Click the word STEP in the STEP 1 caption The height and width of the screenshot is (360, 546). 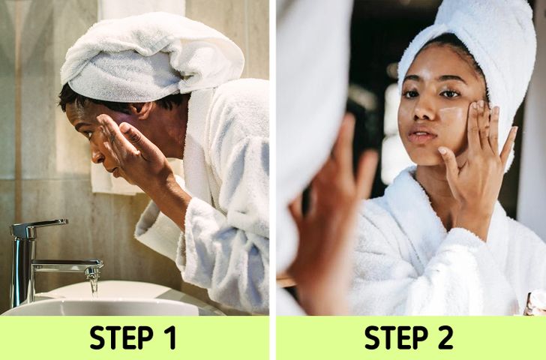pyautogui.click(x=121, y=337)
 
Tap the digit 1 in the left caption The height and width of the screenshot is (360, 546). pyautogui.click(x=170, y=337)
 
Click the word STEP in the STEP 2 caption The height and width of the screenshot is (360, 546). pyautogui.click(x=396, y=337)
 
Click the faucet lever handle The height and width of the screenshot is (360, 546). pyautogui.click(x=38, y=226)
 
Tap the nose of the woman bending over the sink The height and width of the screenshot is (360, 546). pyautogui.click(x=95, y=156)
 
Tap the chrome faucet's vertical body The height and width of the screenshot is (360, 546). pyautogui.click(x=22, y=271)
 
